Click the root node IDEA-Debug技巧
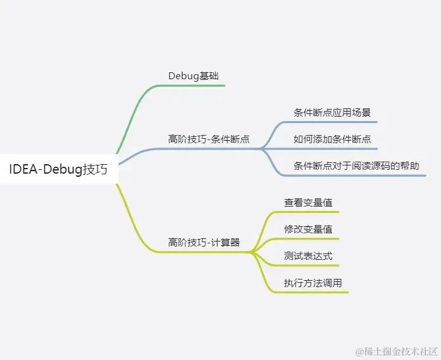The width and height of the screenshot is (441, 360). coord(58,169)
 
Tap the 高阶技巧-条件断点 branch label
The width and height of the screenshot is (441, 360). coord(208,139)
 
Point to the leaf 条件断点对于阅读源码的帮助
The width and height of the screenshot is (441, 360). coord(356,165)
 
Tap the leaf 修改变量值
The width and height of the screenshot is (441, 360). coord(308,229)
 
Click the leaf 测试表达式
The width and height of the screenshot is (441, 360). coord(308,256)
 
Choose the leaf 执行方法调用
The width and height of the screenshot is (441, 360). coord(313,283)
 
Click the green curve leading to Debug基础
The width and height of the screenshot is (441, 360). coord(130,120)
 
